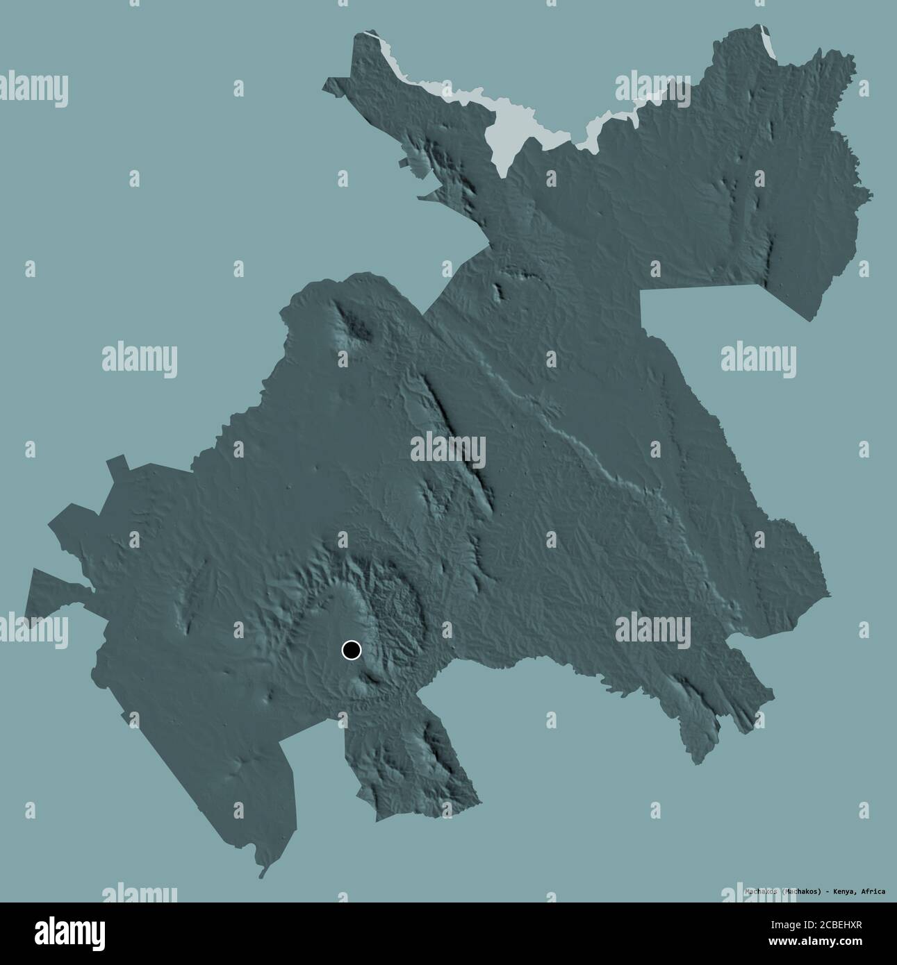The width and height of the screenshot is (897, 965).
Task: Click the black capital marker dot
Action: click(x=352, y=650)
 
